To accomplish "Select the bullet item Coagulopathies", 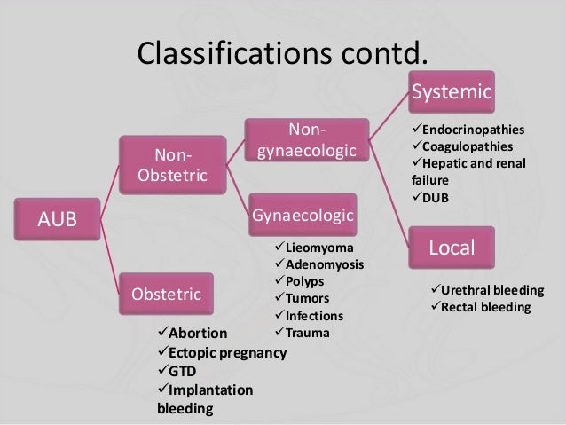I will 463,146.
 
